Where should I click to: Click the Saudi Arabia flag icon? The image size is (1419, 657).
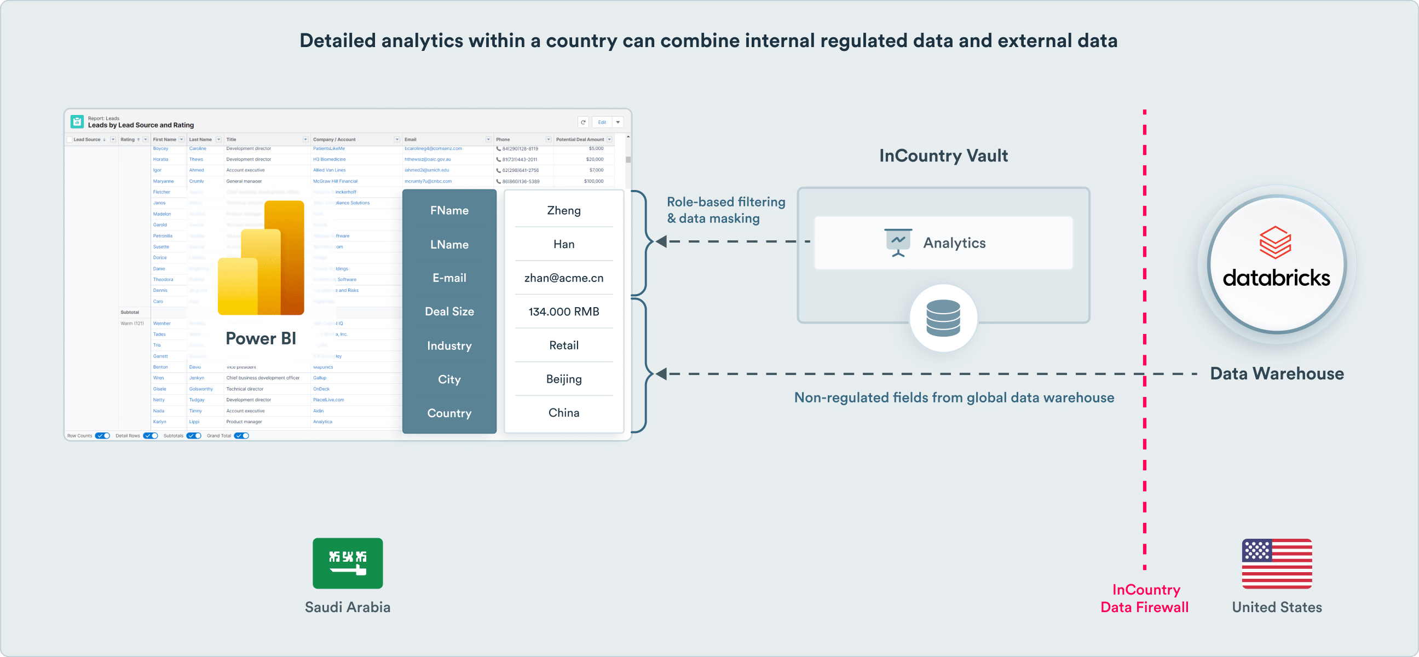[348, 563]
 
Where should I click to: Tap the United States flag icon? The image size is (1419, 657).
[1276, 563]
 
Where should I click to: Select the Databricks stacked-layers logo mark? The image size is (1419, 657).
[1275, 243]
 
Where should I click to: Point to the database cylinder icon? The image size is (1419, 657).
[943, 318]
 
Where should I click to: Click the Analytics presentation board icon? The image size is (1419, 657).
[898, 243]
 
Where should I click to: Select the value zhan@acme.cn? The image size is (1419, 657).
[563, 278]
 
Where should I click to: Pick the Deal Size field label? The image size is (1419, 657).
[449, 312]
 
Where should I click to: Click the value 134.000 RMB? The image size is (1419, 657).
[563, 312]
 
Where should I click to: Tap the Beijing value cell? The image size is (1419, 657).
[563, 379]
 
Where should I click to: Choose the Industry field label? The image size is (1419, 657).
[449, 346]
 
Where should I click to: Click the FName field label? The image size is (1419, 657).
[449, 210]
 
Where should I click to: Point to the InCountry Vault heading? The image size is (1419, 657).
[943, 156]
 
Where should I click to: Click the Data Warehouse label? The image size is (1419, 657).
[1276, 373]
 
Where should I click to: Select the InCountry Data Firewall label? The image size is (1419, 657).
[1145, 598]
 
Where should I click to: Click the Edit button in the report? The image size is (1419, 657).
[602, 122]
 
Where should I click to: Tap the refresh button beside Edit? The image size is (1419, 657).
[584, 122]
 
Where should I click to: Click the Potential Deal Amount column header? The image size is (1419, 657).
[580, 139]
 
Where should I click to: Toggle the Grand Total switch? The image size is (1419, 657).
[242, 436]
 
